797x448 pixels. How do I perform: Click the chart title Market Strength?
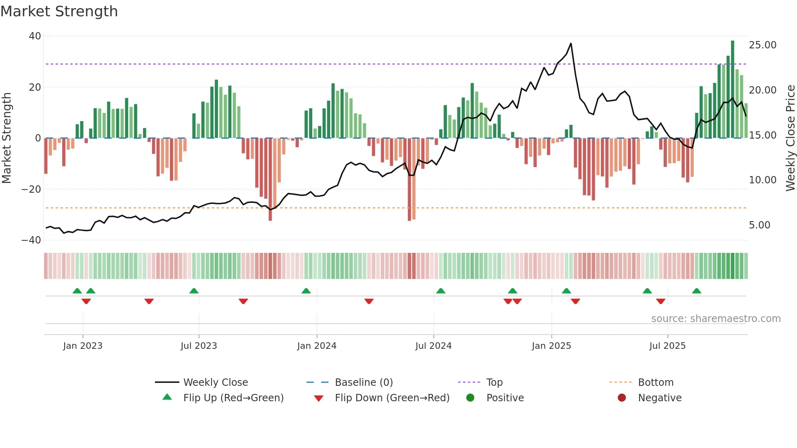59,11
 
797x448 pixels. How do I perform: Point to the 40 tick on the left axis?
35,36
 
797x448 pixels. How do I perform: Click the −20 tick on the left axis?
31,189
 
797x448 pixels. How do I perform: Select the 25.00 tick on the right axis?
762,45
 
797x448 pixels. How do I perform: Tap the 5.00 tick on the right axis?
760,225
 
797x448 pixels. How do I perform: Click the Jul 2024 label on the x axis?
433,346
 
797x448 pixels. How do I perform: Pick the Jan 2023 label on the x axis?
83,346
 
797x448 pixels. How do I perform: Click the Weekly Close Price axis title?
790,138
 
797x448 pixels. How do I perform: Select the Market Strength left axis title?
7,138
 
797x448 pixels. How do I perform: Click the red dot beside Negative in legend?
622,398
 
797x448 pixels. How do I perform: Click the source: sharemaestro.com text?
716,319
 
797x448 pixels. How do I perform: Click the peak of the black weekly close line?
571,43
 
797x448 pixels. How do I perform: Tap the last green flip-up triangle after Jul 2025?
697,291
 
